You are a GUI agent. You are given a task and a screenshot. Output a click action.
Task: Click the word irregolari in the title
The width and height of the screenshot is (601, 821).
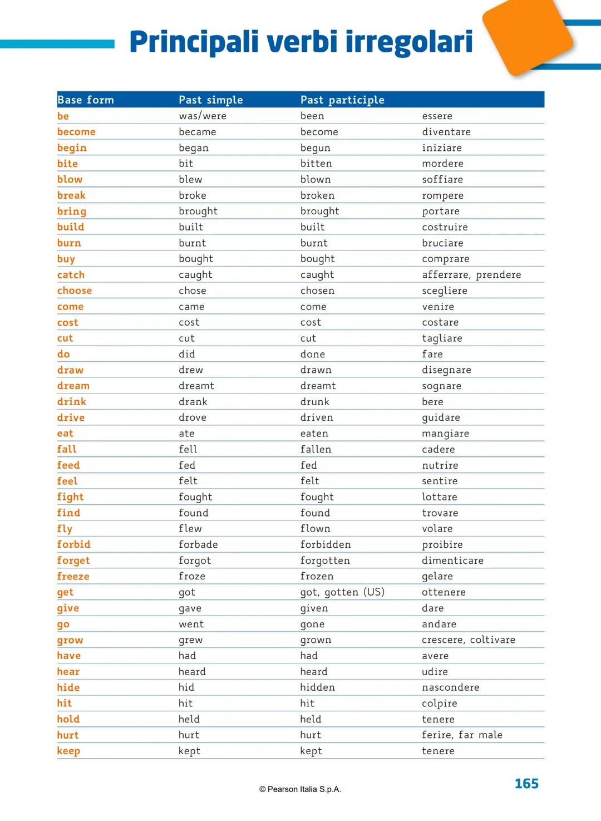tap(408, 42)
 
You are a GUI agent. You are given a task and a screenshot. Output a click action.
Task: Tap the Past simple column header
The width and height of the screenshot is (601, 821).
tap(210, 100)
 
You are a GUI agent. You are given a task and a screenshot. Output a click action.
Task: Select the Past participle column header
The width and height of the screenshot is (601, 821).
tap(342, 100)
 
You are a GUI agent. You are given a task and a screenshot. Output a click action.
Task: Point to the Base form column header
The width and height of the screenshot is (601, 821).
tap(85, 100)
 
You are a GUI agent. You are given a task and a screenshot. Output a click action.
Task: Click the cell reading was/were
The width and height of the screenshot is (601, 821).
tap(203, 116)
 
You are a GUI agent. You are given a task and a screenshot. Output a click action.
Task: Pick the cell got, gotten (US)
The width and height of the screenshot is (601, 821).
tap(342, 592)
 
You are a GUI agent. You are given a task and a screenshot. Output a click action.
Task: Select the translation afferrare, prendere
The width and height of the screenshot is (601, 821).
tap(471, 275)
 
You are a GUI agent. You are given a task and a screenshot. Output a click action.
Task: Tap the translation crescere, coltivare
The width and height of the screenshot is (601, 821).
tap(468, 640)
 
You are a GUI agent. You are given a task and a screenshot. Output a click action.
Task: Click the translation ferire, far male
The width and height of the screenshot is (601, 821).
tap(462, 735)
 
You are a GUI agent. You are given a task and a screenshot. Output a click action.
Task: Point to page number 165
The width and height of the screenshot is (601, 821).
tap(526, 784)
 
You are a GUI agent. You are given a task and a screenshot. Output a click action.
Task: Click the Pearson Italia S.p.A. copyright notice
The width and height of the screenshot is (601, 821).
tap(300, 789)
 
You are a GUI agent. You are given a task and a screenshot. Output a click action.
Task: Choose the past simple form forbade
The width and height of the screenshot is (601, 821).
tap(198, 545)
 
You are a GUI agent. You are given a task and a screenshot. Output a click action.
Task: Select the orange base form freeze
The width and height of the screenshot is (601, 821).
tap(73, 577)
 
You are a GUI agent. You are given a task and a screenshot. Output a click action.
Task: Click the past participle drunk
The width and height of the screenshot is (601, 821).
tap(315, 402)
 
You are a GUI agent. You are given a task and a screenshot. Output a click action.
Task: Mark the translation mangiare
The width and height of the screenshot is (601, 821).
tap(445, 434)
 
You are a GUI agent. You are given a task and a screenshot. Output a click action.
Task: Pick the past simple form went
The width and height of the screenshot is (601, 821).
tap(191, 625)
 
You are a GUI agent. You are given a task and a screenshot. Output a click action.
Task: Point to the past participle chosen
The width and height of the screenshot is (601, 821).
tap(317, 291)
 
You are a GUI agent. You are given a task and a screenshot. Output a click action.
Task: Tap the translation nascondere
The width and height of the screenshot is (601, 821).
tap(450, 688)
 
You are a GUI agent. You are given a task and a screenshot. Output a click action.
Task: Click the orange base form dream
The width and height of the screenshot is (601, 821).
tap(73, 386)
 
